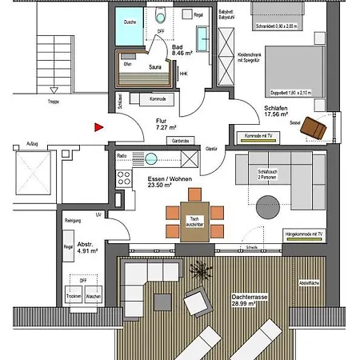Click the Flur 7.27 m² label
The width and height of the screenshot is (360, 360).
point(166,124)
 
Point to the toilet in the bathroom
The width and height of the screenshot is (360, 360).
point(160,15)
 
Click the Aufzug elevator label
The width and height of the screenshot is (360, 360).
point(32,145)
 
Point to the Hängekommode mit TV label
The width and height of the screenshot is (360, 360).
point(304,234)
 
